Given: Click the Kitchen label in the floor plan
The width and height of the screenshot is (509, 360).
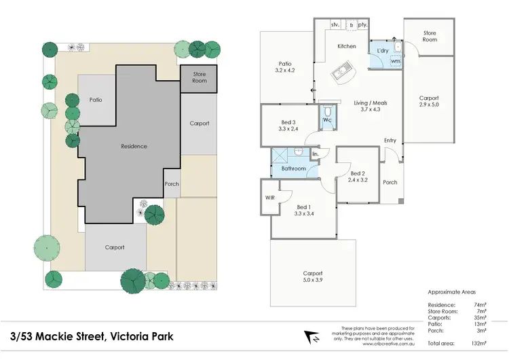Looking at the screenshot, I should pos(347,46).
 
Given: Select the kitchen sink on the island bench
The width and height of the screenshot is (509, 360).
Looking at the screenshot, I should pos(339,71).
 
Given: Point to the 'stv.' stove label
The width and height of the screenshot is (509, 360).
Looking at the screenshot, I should pos(335,25).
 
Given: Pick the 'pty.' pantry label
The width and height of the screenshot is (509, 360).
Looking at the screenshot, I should pos(363,25).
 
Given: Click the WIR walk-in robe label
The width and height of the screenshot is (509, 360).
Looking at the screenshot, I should pos(269,199).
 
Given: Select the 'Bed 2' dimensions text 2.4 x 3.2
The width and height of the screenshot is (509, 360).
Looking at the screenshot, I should pos(357,180).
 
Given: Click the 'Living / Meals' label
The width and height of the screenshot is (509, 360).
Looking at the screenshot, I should pos(371,103).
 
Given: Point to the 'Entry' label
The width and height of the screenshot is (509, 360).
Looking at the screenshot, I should pos(390,141).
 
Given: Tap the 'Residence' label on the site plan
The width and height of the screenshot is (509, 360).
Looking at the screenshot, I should pos(134,146).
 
